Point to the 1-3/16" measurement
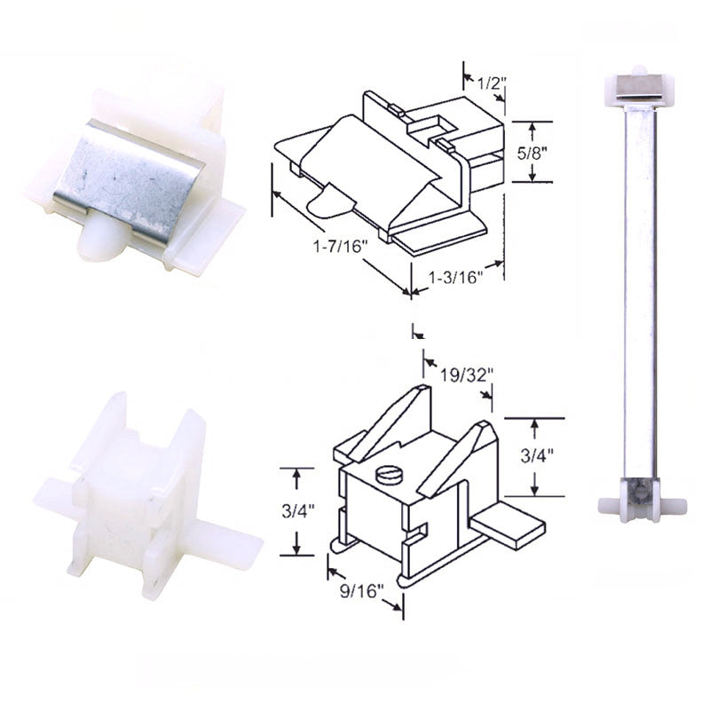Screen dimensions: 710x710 tap(455, 277)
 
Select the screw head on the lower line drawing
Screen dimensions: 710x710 tap(390, 476)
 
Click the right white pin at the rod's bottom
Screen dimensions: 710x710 tap(674, 505)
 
